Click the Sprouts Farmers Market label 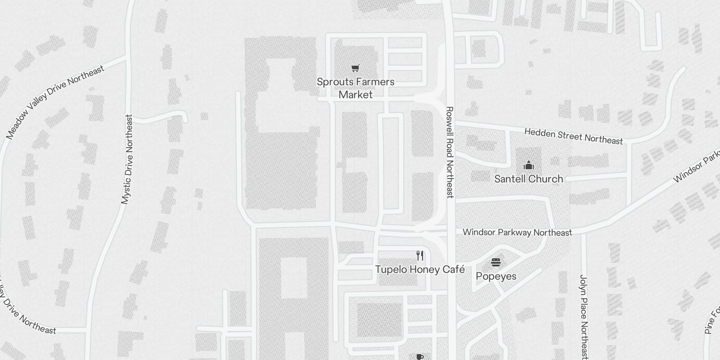[x=355, y=88]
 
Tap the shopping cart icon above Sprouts [x=355, y=68]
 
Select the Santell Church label [x=528, y=179]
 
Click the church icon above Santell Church [x=529, y=165]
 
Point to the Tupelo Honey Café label [x=420, y=270]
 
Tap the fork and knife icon [x=420, y=256]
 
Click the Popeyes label [x=496, y=276]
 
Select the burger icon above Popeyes [x=496, y=262]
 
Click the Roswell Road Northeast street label [x=450, y=152]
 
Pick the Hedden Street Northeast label [x=573, y=136]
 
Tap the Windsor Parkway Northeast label [x=517, y=232]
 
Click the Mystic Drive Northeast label [x=128, y=159]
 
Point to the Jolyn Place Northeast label [x=584, y=316]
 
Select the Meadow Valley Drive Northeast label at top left [x=55, y=102]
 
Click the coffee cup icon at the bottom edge [x=419, y=357]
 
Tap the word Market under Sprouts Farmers [x=355, y=95]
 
